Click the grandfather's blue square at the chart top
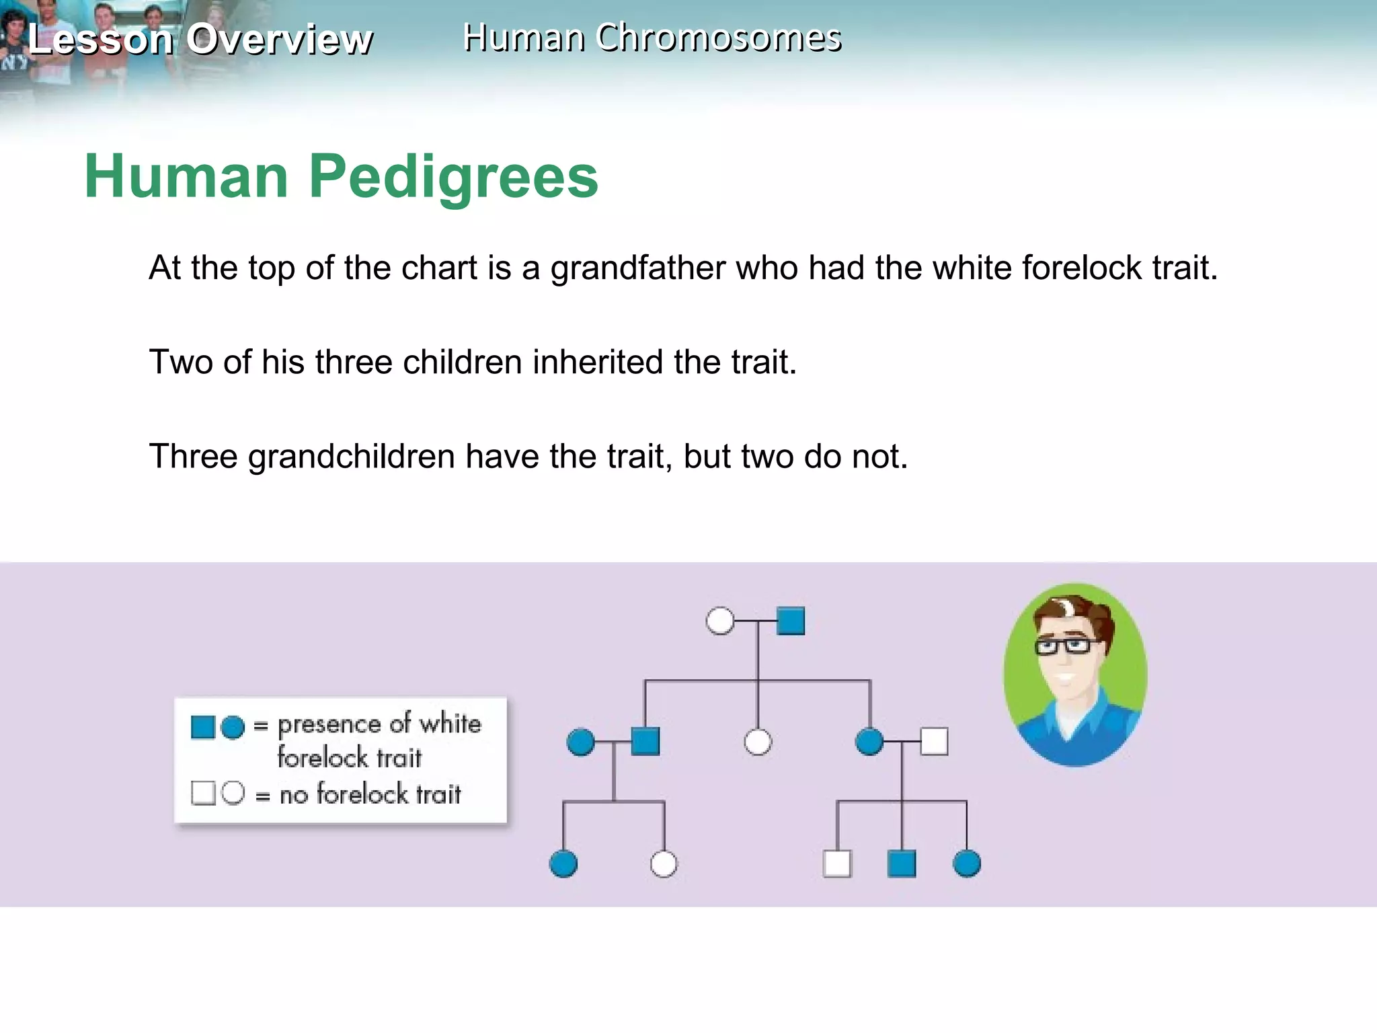point(791,621)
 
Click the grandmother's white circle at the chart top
point(720,621)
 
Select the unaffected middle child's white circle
point(758,742)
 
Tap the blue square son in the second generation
point(645,742)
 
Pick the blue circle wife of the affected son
point(580,742)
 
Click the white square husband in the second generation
point(934,742)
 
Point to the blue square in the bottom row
point(902,864)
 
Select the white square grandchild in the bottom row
point(837,864)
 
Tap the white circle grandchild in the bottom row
point(664,864)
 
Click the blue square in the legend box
point(202,727)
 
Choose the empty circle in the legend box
point(233,793)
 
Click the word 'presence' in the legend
point(329,725)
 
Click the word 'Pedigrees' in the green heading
point(453,177)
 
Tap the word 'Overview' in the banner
point(279,39)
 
